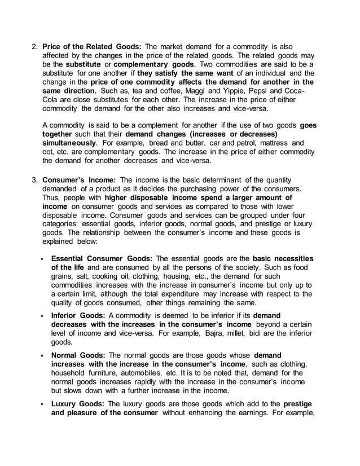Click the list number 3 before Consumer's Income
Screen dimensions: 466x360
pos(34,180)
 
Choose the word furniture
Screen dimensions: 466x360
pos(104,373)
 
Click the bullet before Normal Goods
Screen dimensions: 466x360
pos(43,355)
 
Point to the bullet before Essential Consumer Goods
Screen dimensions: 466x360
pos(43,258)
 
